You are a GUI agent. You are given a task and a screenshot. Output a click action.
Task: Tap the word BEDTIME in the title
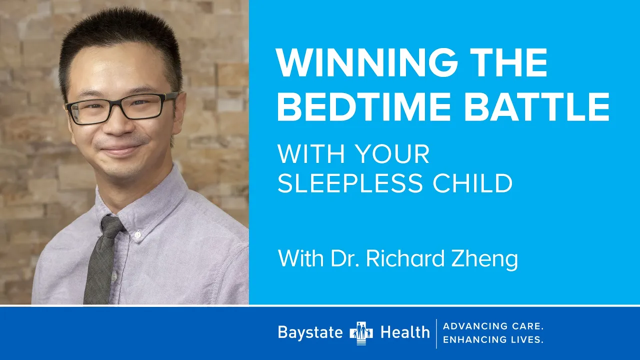363,107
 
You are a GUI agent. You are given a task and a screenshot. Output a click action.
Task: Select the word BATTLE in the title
537,107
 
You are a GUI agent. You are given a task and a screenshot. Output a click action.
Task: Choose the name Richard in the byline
405,258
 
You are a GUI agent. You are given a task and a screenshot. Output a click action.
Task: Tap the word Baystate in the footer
310,332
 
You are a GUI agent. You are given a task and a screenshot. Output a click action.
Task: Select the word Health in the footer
405,332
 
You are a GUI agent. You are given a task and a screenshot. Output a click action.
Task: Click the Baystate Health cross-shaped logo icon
361,333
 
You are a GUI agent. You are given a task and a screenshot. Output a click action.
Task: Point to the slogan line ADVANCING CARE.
493,326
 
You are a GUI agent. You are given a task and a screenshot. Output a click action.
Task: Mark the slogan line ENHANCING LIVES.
493,339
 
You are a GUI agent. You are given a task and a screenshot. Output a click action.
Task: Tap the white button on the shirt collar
137,235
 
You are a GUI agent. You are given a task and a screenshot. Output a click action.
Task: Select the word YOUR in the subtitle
393,154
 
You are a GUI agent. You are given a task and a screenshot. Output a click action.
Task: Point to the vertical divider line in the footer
436,333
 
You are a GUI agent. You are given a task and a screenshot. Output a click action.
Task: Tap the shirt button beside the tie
114,276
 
